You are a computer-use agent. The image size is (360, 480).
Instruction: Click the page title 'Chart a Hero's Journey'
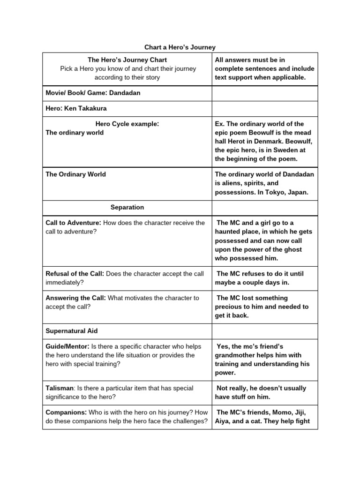pyautogui.click(x=180, y=47)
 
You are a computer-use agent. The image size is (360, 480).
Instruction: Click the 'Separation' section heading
pyautogui.click(x=127, y=207)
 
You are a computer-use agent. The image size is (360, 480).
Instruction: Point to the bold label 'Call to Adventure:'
pyautogui.click(x=73, y=223)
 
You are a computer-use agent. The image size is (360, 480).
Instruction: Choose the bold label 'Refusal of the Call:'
pyautogui.click(x=75, y=274)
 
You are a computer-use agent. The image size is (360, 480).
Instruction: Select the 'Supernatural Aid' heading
pyautogui.click(x=71, y=330)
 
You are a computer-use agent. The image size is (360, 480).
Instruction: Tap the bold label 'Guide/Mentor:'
pyautogui.click(x=67, y=346)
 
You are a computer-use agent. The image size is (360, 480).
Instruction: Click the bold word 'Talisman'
pyautogui.click(x=60, y=388)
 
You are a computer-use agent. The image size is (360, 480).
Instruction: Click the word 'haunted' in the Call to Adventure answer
pyautogui.click(x=228, y=232)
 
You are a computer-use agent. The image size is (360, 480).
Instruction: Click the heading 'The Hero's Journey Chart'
pyautogui.click(x=127, y=60)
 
